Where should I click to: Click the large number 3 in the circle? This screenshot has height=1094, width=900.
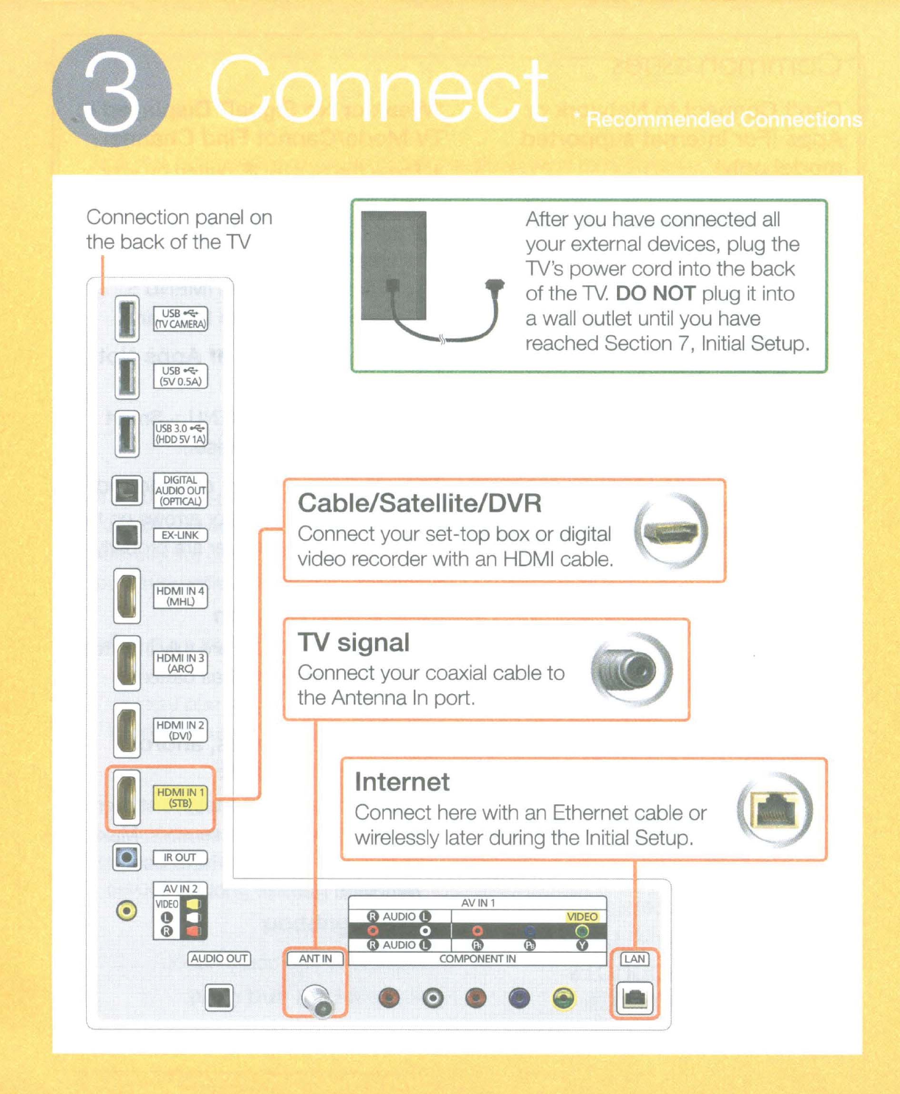click(112, 93)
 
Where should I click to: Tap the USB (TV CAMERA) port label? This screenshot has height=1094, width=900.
click(180, 319)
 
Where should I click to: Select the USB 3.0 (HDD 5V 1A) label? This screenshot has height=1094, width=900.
click(180, 434)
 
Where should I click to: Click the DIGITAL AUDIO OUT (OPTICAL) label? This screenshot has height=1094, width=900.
click(180, 490)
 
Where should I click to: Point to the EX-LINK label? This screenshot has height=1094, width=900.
click(180, 535)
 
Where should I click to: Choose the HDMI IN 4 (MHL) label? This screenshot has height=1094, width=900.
click(180, 596)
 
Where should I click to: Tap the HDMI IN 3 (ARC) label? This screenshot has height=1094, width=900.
click(180, 663)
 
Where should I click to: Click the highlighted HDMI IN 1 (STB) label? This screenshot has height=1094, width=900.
click(180, 798)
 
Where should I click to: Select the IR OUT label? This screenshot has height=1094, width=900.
click(180, 857)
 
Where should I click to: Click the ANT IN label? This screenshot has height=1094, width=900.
click(315, 959)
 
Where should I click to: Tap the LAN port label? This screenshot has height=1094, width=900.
click(634, 959)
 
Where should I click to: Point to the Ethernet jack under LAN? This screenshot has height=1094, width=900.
click(634, 998)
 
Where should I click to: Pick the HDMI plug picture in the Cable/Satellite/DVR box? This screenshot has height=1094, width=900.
click(669, 532)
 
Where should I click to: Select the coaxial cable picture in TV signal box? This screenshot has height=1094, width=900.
click(632, 669)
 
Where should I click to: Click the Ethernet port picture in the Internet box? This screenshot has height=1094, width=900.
click(775, 810)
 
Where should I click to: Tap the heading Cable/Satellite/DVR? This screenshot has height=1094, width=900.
click(420, 504)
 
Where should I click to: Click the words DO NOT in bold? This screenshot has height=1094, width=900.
click(655, 294)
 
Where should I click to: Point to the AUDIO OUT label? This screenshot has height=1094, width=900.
click(219, 959)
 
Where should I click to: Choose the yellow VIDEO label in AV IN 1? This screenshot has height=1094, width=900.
click(582, 917)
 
